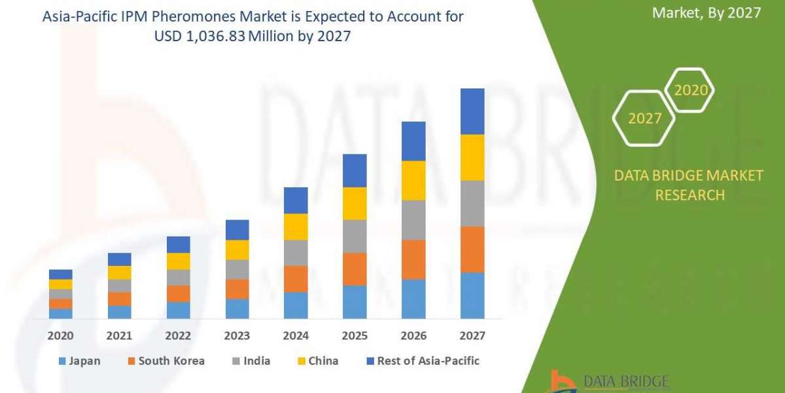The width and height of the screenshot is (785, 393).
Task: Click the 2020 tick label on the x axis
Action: tap(60, 336)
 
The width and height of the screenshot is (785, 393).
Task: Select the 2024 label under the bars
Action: tap(296, 336)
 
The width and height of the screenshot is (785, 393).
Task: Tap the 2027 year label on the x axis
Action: tap(472, 336)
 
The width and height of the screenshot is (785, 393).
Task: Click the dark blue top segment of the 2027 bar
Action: tap(472, 111)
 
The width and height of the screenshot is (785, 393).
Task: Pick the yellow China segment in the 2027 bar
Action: tap(472, 157)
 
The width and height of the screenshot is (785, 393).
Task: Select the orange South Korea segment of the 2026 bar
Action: tap(413, 259)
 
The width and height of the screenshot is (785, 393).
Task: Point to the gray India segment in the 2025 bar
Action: tap(355, 236)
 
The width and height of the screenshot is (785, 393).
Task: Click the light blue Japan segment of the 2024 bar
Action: tap(296, 305)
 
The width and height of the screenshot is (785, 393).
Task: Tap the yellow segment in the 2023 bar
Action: tap(237, 250)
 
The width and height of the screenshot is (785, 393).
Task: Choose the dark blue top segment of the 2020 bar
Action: tap(60, 274)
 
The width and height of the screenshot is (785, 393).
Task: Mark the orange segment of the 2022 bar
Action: tap(178, 293)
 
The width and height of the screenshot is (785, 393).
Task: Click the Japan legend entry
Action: tap(80, 361)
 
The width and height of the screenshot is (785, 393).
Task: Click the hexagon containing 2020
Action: tap(690, 90)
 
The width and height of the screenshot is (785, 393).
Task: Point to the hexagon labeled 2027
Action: tap(644, 119)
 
